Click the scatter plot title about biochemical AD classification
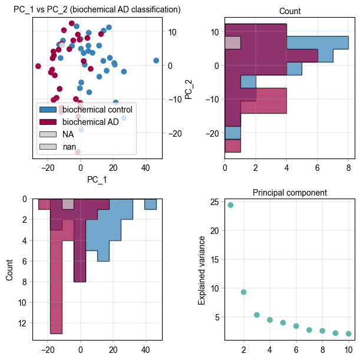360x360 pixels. pos(97,10)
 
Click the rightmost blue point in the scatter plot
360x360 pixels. pos(156,61)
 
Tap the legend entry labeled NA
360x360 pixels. pos(68,134)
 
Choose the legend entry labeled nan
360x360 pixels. pos(70,146)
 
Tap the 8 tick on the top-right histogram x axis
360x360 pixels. pos(349,168)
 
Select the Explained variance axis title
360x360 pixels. pos(202,270)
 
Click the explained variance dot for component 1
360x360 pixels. pos(230,205)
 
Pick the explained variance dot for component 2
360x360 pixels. pos(243,292)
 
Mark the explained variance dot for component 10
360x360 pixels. pos(349,333)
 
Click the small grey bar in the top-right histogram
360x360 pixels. pos(233,42)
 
